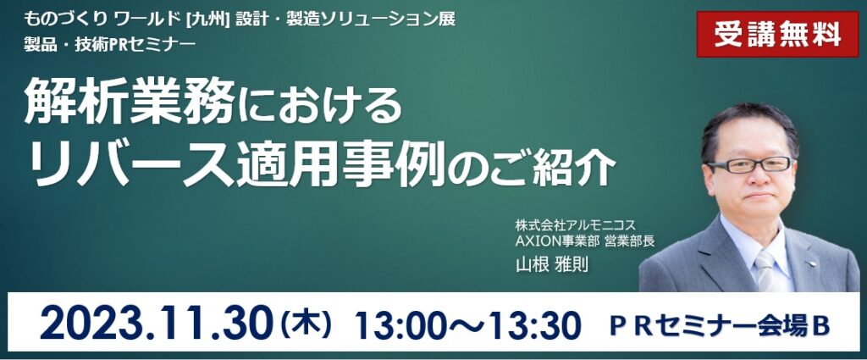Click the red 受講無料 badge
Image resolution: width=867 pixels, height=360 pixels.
pos(777,34)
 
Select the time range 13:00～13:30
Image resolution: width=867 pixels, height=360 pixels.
pos(468,326)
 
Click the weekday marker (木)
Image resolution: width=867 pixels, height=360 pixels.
pos(306,324)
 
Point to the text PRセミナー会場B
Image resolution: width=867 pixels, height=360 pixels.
pos(720,327)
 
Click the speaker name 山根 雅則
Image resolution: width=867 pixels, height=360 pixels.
pos(552,264)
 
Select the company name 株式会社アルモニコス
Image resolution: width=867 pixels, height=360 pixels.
pos(576,225)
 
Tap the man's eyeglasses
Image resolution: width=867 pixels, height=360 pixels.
pos(750,165)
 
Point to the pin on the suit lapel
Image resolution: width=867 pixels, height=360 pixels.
pos(812,263)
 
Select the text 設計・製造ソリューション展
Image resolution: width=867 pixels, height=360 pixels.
pos(345,19)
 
